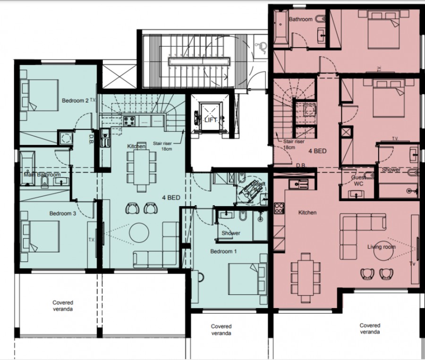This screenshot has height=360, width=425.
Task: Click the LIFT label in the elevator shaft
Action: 211,120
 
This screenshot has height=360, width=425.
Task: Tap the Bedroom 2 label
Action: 76,100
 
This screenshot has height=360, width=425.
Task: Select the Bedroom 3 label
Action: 63,214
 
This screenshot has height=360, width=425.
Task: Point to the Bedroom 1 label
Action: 223,251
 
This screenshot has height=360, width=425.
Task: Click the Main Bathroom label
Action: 42,175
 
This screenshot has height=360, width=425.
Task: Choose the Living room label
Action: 382,247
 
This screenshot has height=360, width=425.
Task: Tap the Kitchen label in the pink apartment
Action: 307,213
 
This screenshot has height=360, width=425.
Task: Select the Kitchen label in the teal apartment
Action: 136,147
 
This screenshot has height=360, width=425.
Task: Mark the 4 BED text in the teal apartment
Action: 171,198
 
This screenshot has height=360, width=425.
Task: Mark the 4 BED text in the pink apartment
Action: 318,151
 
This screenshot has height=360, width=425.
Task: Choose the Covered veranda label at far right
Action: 370,328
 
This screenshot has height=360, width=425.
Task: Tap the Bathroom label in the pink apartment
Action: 301,19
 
